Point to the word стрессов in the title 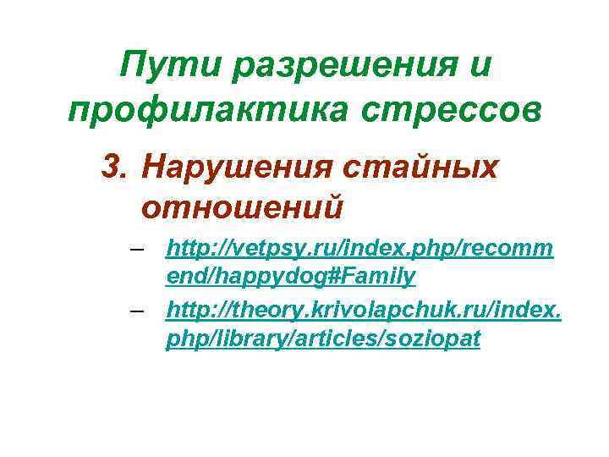[x=448, y=110]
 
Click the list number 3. [x=112, y=168]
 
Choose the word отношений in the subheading [x=241, y=206]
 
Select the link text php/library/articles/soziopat [x=324, y=338]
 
